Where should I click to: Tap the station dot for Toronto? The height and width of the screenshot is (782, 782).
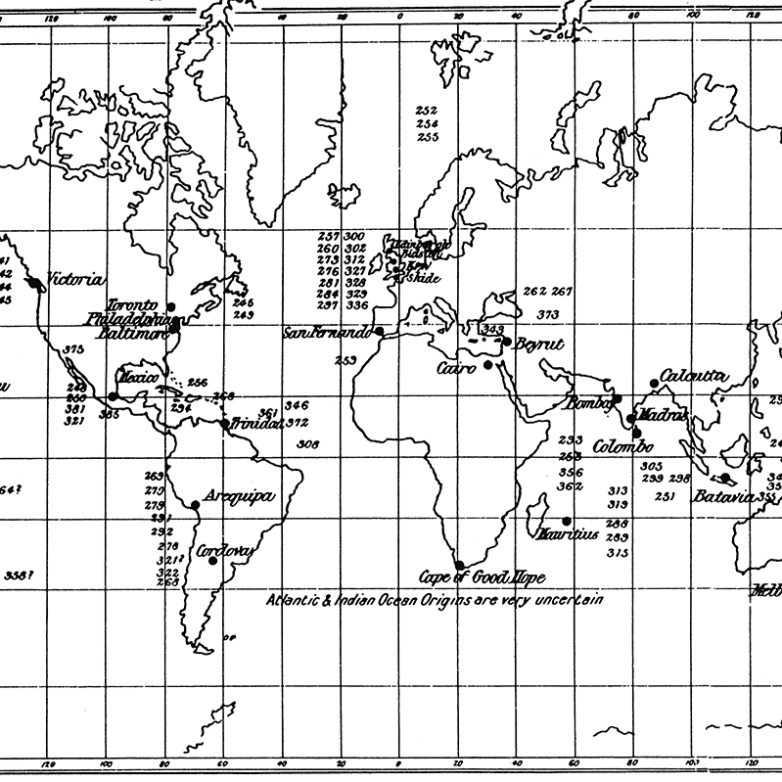(x=170, y=306)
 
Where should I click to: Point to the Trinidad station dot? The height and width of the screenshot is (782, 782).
(x=225, y=424)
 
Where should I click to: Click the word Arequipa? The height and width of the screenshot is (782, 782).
(x=240, y=497)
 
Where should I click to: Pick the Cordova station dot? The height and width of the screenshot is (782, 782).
(x=211, y=561)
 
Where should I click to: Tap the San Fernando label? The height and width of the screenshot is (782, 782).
(x=327, y=333)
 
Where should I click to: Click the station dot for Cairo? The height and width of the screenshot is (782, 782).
(x=487, y=365)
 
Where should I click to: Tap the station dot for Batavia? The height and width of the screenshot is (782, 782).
(x=726, y=479)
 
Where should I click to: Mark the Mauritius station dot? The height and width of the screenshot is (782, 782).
(x=566, y=521)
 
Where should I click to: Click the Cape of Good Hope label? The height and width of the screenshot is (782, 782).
(x=482, y=577)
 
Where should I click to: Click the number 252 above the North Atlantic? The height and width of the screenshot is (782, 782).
(x=427, y=111)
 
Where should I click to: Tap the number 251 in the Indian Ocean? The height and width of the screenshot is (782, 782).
(x=665, y=497)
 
